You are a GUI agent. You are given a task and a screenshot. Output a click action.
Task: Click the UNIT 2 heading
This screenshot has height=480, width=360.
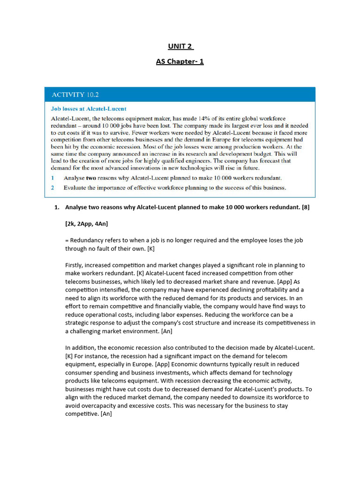point(180,46)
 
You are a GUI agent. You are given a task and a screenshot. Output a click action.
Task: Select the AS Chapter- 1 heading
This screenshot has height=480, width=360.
point(180,61)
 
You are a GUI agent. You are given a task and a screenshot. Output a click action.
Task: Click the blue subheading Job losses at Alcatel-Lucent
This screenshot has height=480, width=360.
point(88,109)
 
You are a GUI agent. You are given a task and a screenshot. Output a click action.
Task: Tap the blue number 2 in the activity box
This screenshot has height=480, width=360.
point(53,187)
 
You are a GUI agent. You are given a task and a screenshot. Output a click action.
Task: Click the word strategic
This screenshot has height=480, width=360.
point(79,322)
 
